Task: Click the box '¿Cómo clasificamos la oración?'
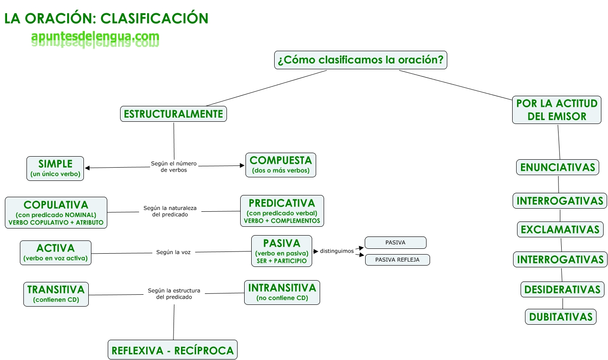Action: click(360, 60)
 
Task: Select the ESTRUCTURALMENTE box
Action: click(173, 114)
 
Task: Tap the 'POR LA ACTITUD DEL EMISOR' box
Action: click(556, 110)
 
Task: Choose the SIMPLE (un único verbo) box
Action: click(55, 169)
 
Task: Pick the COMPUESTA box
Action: click(280, 165)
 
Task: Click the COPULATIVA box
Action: click(56, 213)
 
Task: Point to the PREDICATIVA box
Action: click(282, 211)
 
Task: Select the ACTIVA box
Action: click(56, 252)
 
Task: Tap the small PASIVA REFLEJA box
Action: click(397, 260)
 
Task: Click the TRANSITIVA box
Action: click(56, 294)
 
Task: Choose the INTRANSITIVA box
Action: click(282, 292)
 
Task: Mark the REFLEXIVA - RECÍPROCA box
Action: click(172, 350)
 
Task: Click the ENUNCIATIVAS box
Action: click(557, 167)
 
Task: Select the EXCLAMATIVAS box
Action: click(560, 229)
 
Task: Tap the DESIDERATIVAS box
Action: click(562, 289)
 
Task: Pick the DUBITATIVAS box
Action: click(561, 317)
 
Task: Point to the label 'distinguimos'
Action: click(336, 251)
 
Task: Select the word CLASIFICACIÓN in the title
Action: click(154, 18)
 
